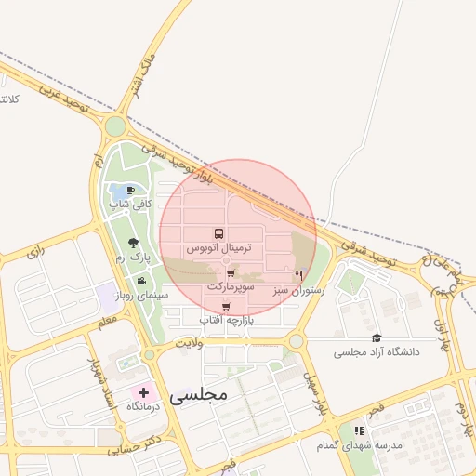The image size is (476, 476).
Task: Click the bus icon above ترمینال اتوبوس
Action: pos(218,234)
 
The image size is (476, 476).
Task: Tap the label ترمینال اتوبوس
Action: pos(218,249)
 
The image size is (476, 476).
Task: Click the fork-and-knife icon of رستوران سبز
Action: pos(298,275)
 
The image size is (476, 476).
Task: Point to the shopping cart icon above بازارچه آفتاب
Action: pos(226,306)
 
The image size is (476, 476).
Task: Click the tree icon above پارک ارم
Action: pos(135,241)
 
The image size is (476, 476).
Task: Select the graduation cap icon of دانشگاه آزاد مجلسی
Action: pos(377,338)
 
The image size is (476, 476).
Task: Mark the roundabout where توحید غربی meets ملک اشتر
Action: pos(115,126)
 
